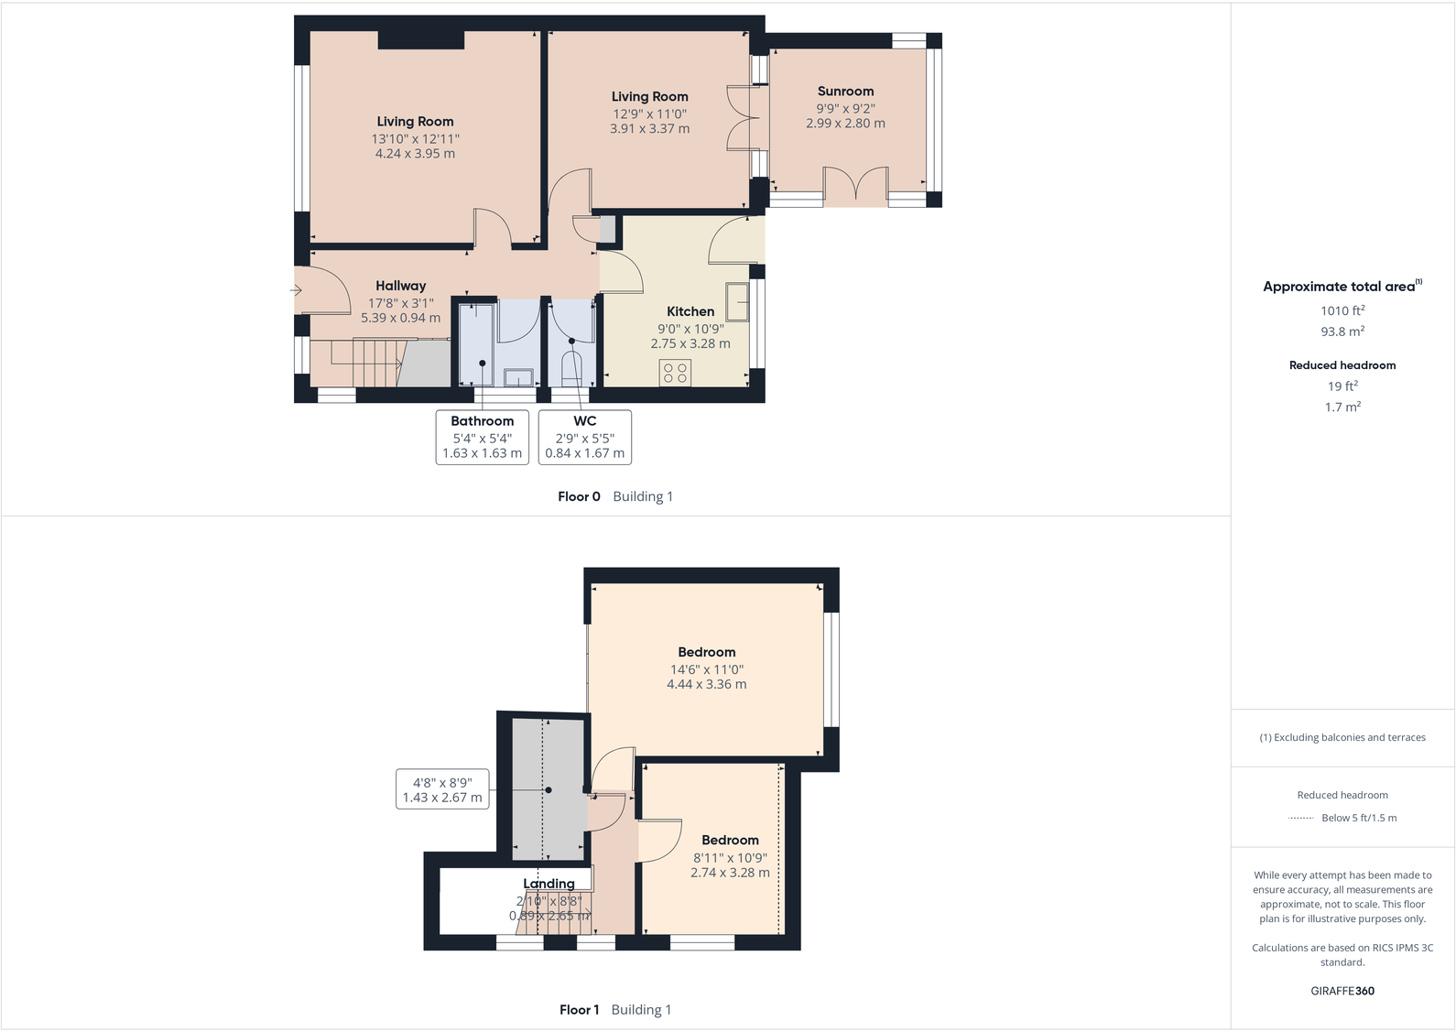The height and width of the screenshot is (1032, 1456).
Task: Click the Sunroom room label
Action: click(845, 92)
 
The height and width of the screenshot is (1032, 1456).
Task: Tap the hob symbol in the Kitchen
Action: click(676, 373)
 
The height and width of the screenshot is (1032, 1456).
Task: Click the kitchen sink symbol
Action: click(737, 301)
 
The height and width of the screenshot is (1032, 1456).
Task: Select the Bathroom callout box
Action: click(483, 437)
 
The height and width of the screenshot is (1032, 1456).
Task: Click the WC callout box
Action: click(585, 437)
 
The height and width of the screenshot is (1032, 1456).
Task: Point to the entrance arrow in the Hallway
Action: click(297, 290)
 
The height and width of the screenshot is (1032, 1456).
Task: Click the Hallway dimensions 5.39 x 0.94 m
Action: click(400, 319)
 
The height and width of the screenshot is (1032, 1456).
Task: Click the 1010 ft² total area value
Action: click(1342, 311)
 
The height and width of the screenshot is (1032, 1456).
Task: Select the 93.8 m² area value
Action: click(1342, 332)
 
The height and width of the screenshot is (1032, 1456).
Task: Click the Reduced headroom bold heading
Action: click(1342, 365)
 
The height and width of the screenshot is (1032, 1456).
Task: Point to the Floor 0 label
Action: click(579, 496)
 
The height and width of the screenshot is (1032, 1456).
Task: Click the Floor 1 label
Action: click(579, 1010)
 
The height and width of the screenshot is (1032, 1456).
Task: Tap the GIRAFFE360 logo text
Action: click(1342, 991)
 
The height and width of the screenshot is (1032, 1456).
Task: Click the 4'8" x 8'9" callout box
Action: click(442, 789)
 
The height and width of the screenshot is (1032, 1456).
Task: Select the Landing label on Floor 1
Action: click(549, 884)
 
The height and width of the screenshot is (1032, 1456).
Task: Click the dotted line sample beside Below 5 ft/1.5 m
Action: click(1300, 818)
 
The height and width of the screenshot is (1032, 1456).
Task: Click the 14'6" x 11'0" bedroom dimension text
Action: click(706, 669)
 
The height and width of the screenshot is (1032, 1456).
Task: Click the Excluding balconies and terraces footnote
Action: click(1342, 737)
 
